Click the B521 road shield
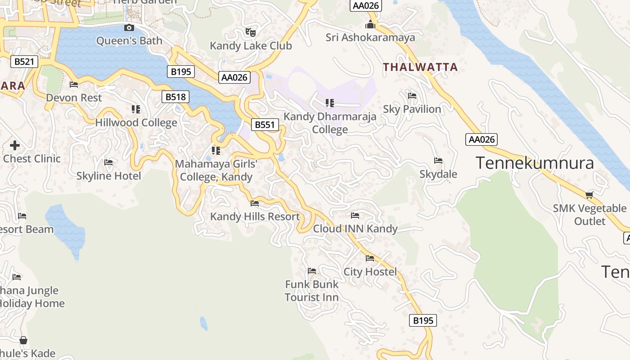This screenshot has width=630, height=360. pyautogui.click(x=24, y=62)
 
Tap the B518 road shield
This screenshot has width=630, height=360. pyautogui.click(x=175, y=97)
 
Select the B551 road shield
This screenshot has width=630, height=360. pyautogui.click(x=265, y=125)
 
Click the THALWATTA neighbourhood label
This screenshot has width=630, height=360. pyautogui.click(x=420, y=67)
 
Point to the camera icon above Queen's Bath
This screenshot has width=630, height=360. pyautogui.click(x=129, y=28)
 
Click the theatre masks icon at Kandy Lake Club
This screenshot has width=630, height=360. pyautogui.click(x=250, y=32)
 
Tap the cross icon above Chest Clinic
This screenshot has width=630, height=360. pyautogui.click(x=15, y=145)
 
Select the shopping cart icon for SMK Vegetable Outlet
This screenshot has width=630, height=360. pyautogui.click(x=589, y=195)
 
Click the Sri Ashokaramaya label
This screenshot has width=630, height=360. pyautogui.click(x=370, y=37)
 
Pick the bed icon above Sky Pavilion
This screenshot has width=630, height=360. pyautogui.click(x=412, y=96)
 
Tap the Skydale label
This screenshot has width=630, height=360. pyautogui.click(x=438, y=174)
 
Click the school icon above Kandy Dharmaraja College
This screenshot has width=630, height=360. pyautogui.click(x=330, y=103)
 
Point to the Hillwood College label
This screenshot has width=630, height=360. pyautogui.click(x=136, y=122)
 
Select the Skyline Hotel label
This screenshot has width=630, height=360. pyautogui.click(x=108, y=176)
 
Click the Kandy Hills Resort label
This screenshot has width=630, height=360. pyautogui.click(x=255, y=216)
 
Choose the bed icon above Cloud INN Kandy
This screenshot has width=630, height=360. pyautogui.click(x=355, y=216)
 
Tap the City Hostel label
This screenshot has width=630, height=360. pyautogui.click(x=370, y=272)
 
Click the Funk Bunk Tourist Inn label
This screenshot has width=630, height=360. pyautogui.click(x=311, y=291)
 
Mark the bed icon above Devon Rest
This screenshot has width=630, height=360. pyautogui.click(x=74, y=85)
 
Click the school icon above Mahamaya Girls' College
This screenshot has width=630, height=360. pyautogui.click(x=216, y=150)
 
